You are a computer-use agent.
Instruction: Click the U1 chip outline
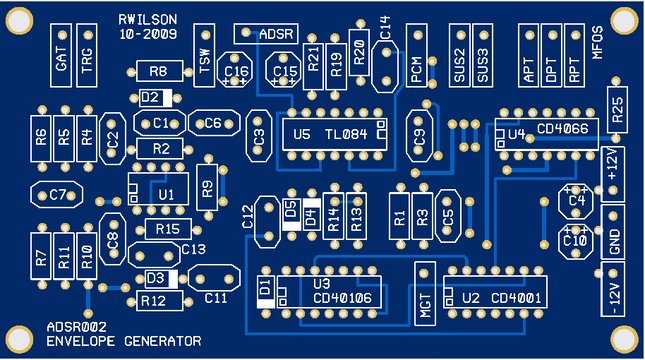click(x=165, y=193)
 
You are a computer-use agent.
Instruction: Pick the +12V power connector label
click(x=612, y=165)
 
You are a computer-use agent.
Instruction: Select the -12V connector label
click(x=612, y=289)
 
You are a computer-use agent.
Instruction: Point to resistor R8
click(x=157, y=71)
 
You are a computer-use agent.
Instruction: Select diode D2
click(x=156, y=97)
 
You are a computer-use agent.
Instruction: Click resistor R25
click(x=617, y=111)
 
